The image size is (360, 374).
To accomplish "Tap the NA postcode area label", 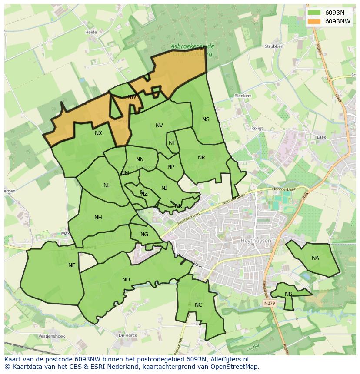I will [315, 258].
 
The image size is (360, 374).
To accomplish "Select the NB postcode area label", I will [288, 294].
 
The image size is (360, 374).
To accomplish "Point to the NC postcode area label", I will [198, 305].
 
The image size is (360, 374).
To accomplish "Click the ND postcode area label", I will [126, 280].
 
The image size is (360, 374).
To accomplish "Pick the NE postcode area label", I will [72, 265].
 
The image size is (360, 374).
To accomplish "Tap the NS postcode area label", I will [206, 119].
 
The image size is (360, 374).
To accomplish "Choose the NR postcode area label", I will [201, 158].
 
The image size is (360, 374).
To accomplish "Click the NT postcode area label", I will [172, 143].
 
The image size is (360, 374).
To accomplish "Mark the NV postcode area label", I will [159, 126].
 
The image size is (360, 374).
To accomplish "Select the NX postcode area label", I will [98, 133].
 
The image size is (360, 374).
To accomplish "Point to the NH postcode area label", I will [98, 218].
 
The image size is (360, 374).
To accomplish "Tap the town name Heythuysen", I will [255, 240].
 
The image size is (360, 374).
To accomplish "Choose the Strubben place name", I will [274, 46].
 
